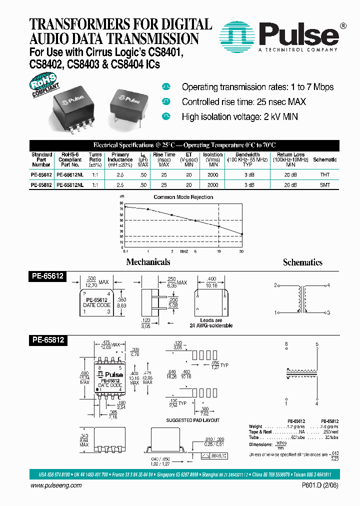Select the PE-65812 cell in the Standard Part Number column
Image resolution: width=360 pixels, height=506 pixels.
coord(41,185)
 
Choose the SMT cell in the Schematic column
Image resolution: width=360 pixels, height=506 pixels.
coord(324,185)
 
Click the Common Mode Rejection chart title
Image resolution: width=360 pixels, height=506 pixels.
coord(183,197)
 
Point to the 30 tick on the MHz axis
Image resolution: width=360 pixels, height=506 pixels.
coord(242,251)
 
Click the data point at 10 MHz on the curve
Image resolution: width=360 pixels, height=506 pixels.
coord(219,226)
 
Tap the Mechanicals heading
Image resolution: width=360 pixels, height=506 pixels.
coord(148,262)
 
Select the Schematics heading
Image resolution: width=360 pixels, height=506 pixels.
coord(302,262)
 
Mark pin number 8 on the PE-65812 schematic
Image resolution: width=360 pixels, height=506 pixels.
coord(286,344)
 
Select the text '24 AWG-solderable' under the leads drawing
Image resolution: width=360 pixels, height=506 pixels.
coord(210,325)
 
